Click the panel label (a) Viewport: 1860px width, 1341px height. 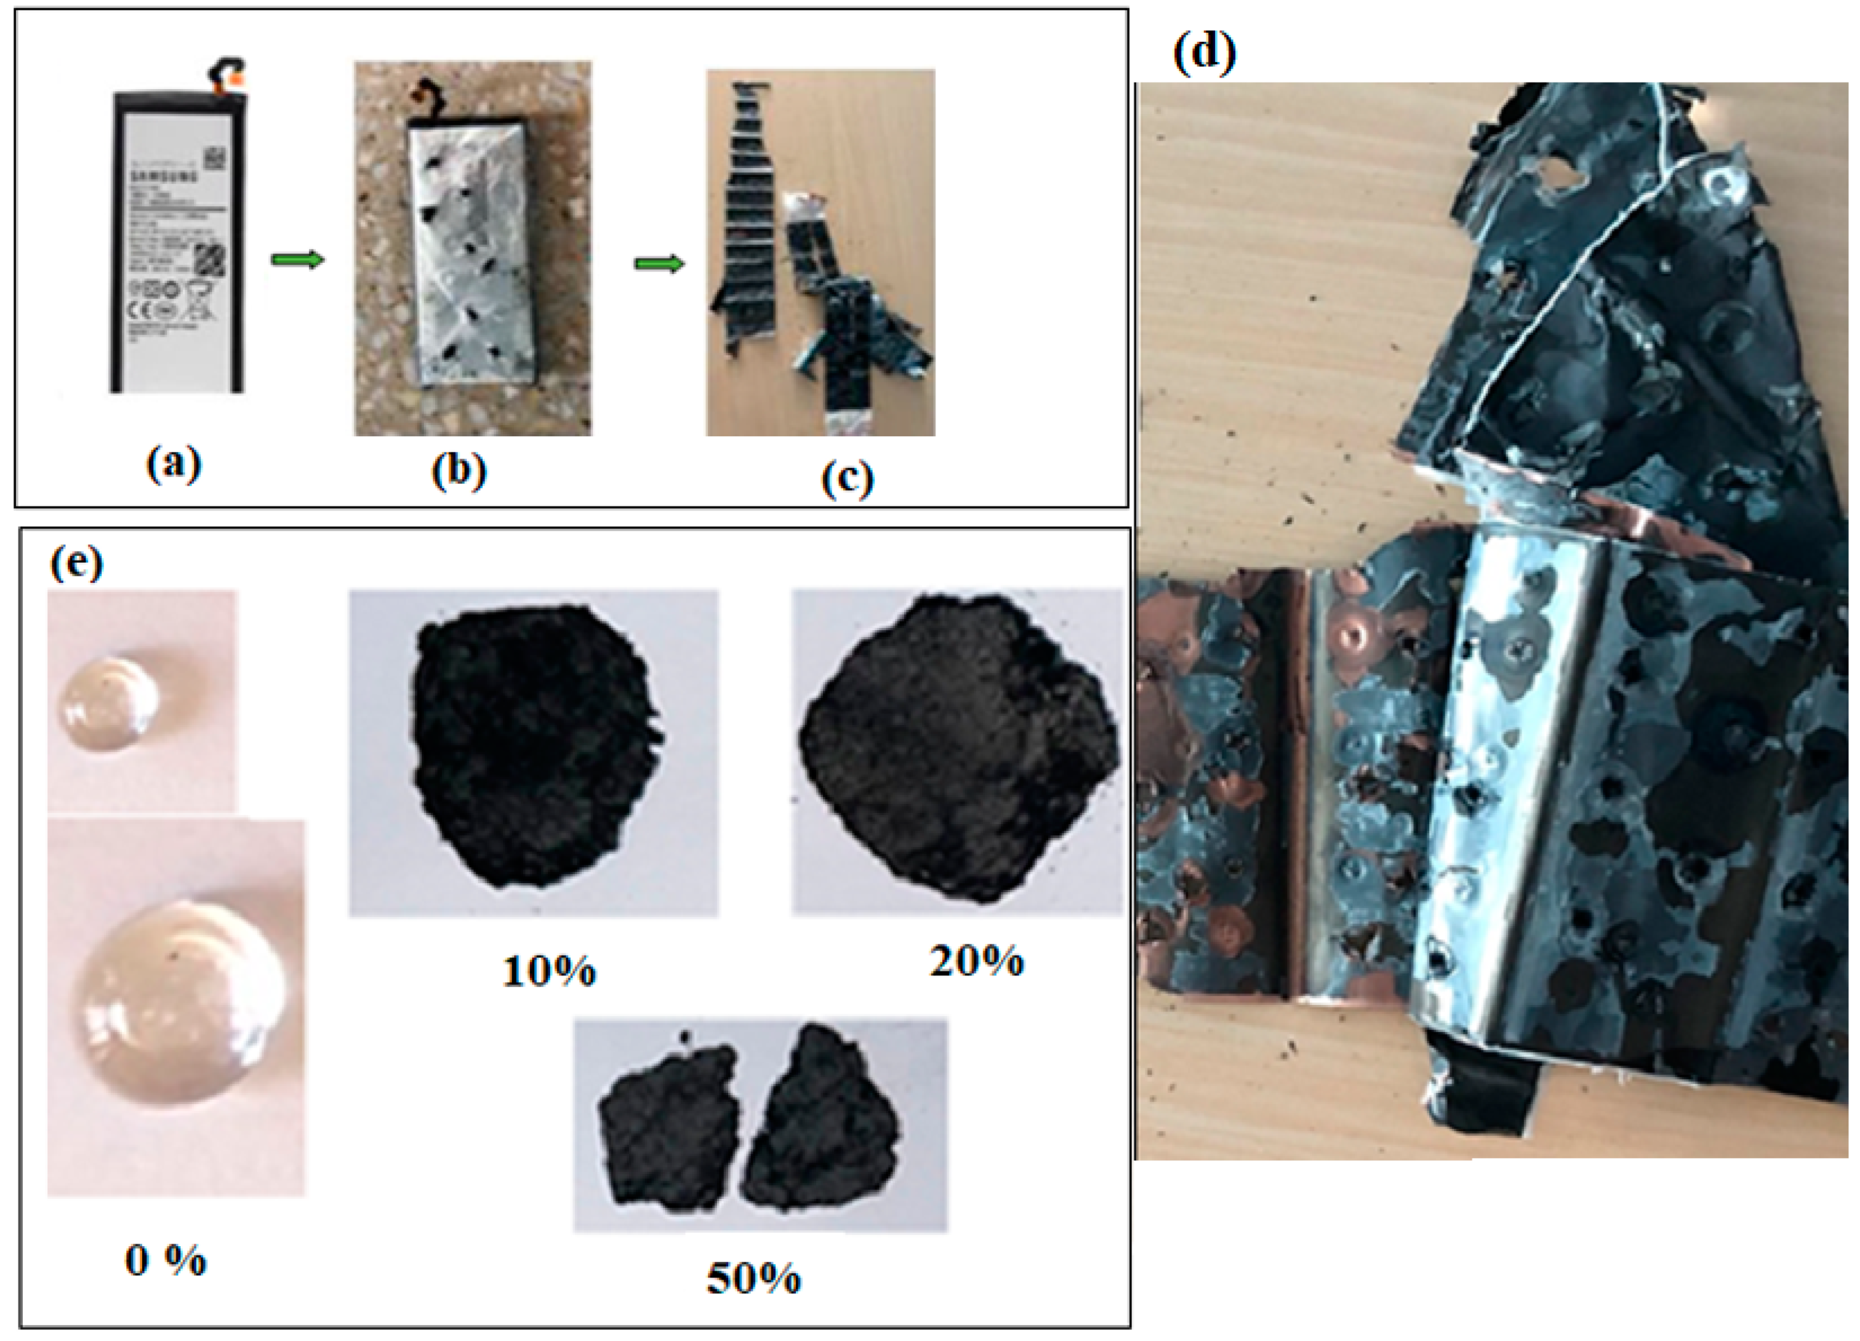[x=173, y=466]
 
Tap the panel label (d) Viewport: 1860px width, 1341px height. [x=1204, y=54]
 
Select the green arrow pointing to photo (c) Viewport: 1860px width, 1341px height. [x=660, y=264]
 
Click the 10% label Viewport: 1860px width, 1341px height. [x=548, y=971]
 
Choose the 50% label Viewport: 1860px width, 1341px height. [x=753, y=1277]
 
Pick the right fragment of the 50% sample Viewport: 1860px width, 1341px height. [x=821, y=1116]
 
